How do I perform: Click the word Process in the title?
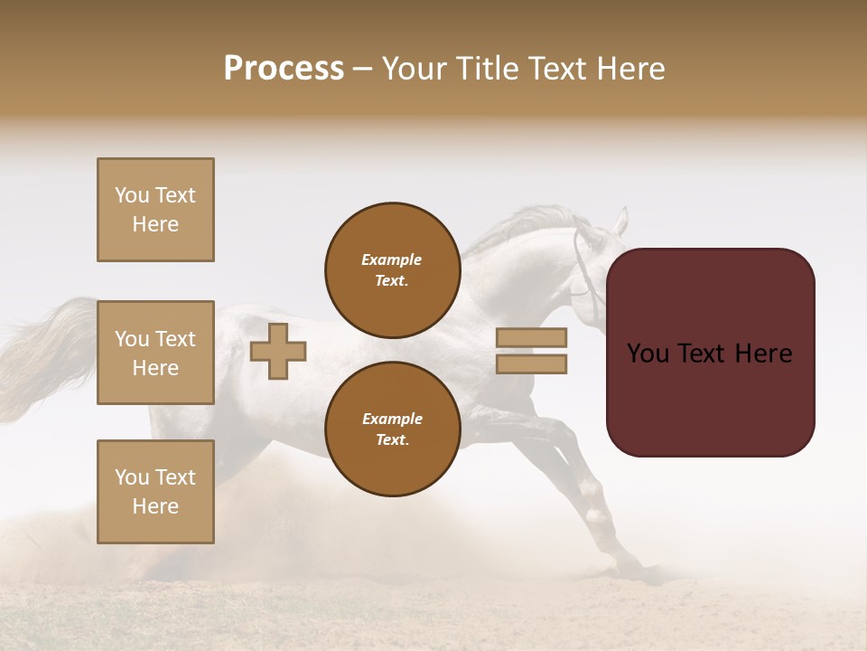point(284,69)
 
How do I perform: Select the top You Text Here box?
point(155,210)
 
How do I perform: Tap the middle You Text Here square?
point(155,353)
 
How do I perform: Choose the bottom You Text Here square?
point(155,491)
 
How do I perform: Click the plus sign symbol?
point(278,351)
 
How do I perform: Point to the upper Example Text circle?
point(392,270)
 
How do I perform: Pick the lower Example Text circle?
point(392,429)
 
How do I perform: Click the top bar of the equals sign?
point(531,337)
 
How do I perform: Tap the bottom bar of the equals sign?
point(531,363)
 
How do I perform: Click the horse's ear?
point(620,220)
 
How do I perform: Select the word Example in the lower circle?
point(392,419)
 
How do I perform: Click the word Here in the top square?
point(155,224)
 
